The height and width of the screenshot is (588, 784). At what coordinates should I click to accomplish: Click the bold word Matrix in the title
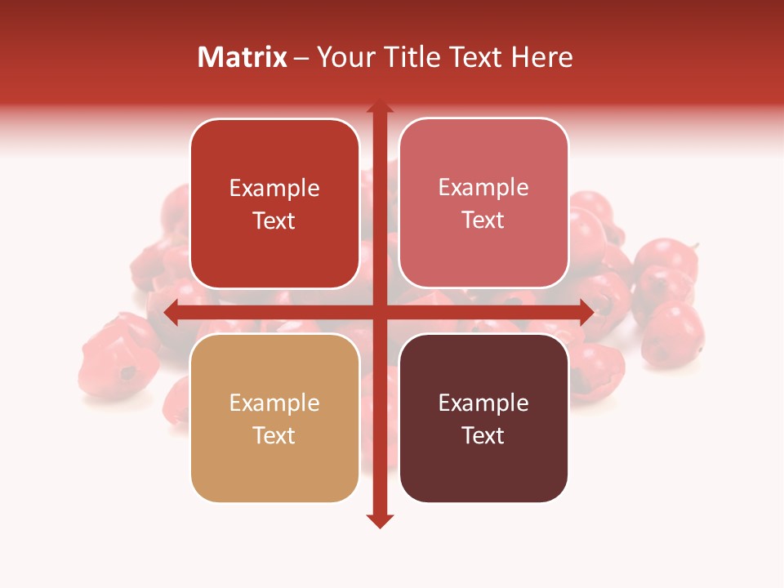243,57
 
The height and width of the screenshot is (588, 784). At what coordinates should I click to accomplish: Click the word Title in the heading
406,57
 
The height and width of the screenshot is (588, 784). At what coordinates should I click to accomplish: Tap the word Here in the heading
541,57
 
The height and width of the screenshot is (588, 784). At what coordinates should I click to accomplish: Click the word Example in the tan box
274,403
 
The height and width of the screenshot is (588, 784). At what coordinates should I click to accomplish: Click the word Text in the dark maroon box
483,435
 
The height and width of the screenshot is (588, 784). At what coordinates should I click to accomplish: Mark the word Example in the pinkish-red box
483,187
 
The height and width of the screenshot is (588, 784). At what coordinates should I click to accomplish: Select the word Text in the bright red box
274,220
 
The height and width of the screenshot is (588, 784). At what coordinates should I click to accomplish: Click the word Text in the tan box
274,435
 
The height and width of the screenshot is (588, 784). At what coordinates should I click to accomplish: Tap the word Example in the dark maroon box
483,403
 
